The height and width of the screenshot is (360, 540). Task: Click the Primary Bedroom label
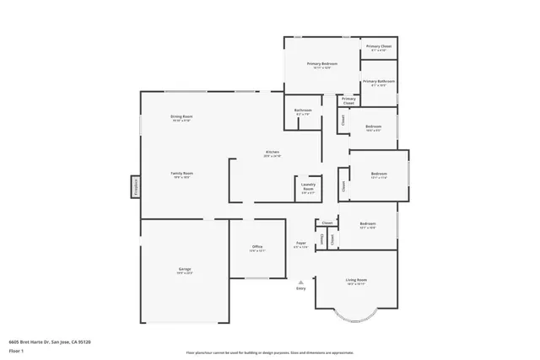(322, 64)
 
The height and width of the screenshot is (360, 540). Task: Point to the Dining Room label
(181, 117)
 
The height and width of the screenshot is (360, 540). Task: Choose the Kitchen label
(272, 153)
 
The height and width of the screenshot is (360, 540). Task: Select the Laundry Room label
(308, 189)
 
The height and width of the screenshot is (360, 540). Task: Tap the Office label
(257, 248)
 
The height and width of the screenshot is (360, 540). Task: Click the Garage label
(185, 271)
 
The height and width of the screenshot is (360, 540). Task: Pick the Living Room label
(356, 282)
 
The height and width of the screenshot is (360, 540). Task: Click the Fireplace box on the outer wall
(134, 186)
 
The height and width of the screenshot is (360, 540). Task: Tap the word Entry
(300, 288)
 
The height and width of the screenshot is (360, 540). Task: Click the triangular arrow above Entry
(300, 282)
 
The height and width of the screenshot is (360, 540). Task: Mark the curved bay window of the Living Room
(355, 317)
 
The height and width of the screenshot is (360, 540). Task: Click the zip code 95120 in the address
(83, 341)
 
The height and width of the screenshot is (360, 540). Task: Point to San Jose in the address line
(62, 341)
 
